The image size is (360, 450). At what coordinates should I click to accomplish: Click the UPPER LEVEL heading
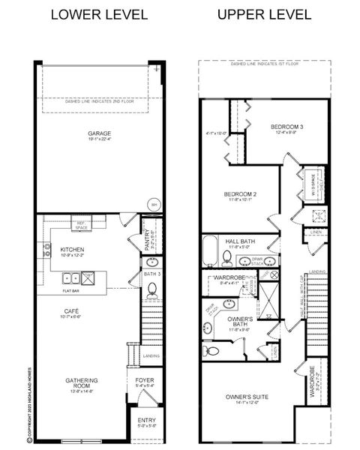pos(255,14)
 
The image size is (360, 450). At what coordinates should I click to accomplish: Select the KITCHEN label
pos(72,249)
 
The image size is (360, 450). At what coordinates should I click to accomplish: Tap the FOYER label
pos(145,380)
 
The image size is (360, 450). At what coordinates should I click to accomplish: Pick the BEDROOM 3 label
pos(288,127)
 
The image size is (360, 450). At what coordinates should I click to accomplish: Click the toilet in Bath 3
pos(151,288)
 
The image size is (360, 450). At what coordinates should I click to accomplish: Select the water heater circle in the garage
pos(154,203)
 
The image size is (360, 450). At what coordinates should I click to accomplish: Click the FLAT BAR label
pos(72,289)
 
